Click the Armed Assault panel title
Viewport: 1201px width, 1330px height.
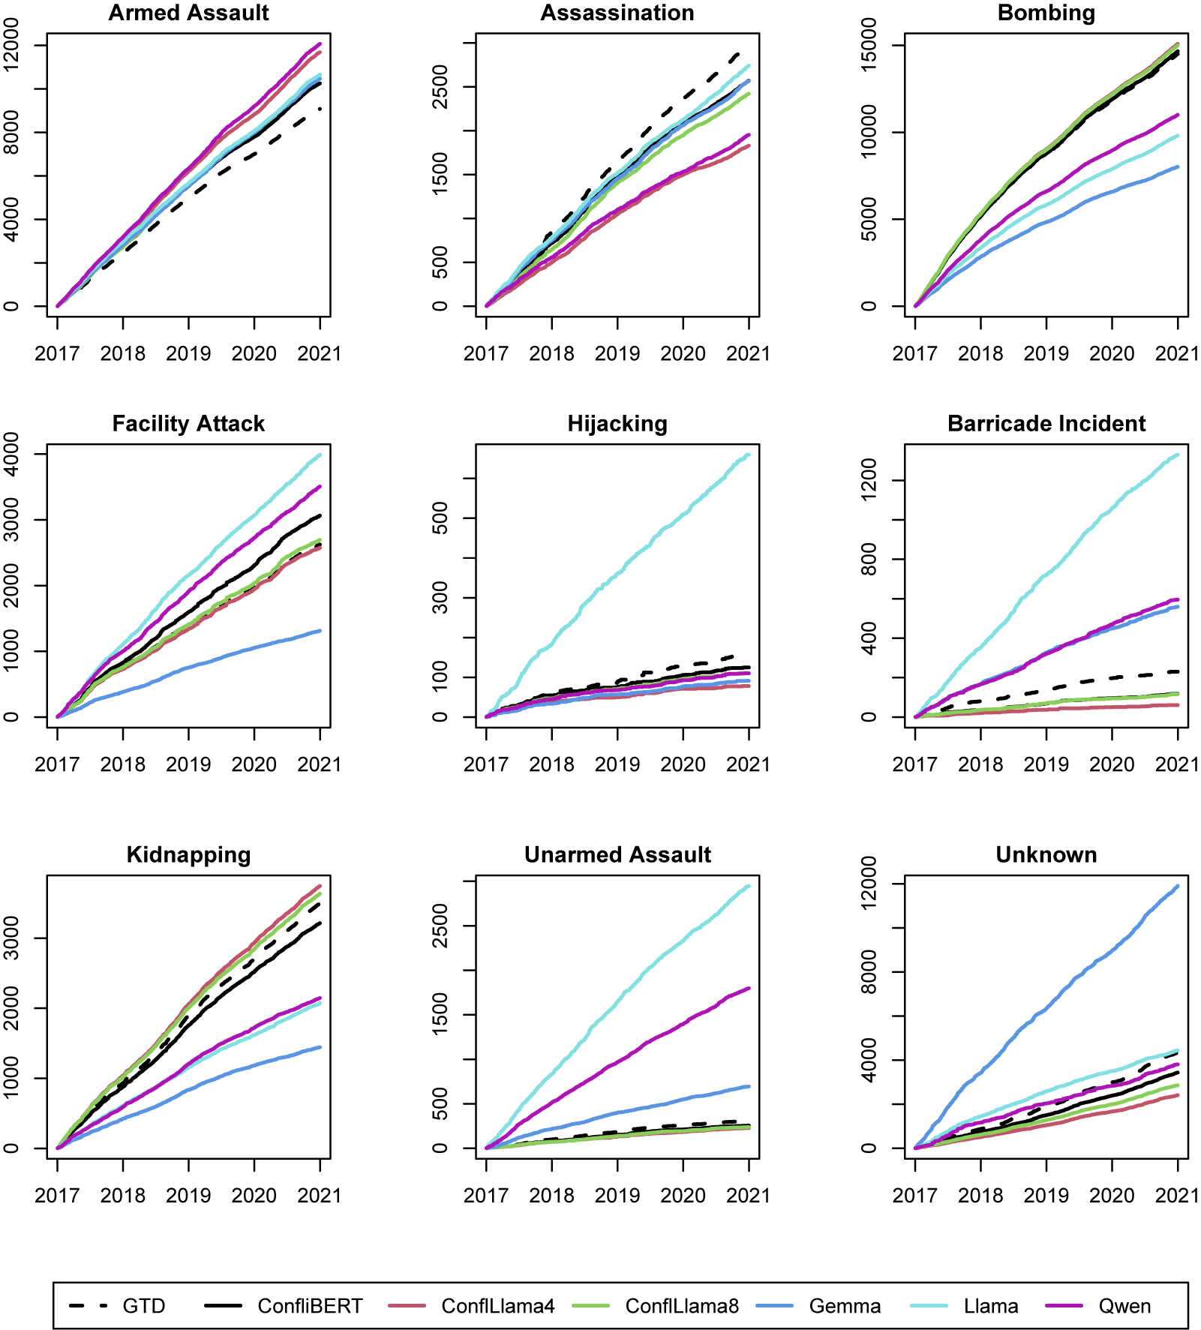click(188, 13)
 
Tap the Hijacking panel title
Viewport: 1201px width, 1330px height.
click(617, 424)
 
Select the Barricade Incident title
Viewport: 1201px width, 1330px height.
click(1046, 424)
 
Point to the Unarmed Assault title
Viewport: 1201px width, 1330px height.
click(617, 855)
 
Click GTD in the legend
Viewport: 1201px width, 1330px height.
click(143, 1306)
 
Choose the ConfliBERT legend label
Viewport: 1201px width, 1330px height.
click(310, 1306)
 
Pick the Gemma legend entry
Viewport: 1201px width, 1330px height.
click(845, 1306)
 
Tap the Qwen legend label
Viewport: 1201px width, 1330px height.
click(1124, 1306)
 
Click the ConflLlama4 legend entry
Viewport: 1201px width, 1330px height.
click(498, 1306)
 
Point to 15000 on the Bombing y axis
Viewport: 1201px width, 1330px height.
click(869, 45)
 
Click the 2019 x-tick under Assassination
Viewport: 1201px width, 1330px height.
click(617, 353)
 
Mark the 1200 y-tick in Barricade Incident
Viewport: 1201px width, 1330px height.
click(869, 480)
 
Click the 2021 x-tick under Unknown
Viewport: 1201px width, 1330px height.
click(1177, 1196)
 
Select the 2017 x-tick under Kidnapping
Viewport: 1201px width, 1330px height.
click(57, 1196)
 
